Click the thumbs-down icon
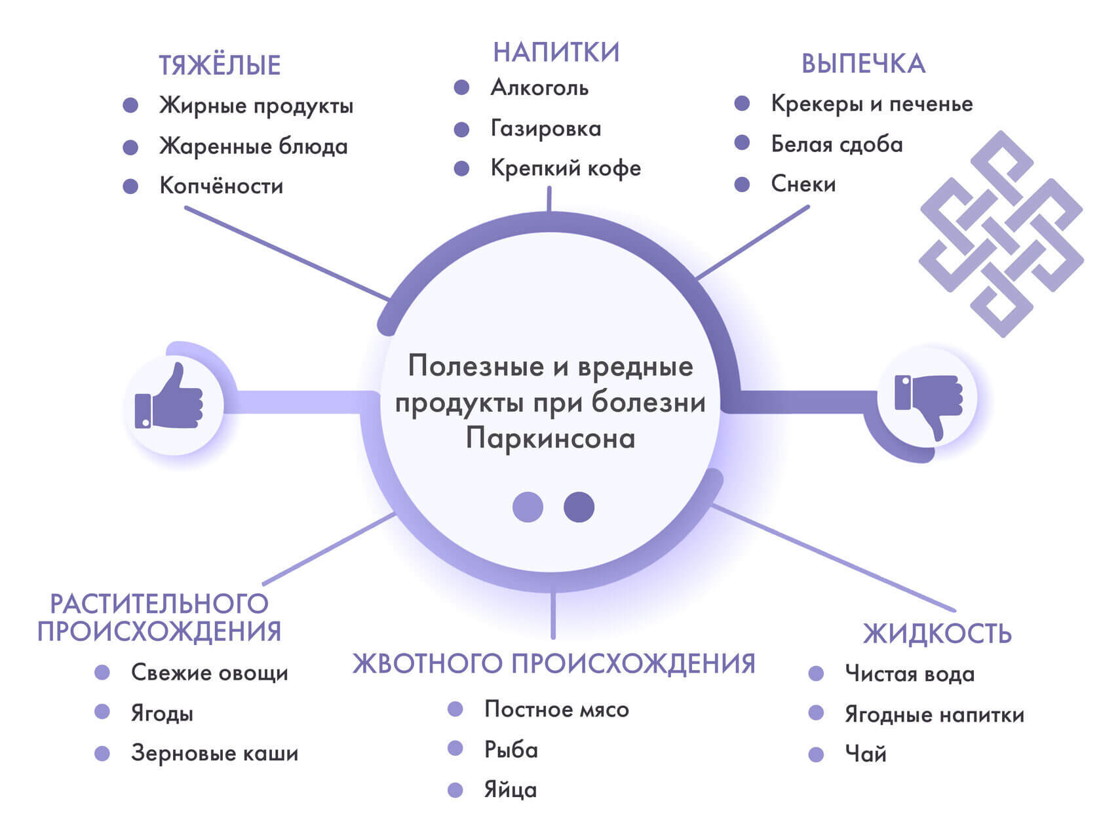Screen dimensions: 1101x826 (929, 401)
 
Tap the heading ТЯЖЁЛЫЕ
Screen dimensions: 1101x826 (220, 66)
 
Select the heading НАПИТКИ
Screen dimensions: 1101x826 (556, 52)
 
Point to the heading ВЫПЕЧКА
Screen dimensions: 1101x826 (863, 64)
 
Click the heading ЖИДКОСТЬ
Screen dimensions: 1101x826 (937, 633)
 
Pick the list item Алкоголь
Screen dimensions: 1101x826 (539, 87)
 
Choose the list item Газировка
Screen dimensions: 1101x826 (545, 128)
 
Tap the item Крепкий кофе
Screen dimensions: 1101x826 (566, 168)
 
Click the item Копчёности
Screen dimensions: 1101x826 (222, 186)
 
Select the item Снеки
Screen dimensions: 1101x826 (803, 184)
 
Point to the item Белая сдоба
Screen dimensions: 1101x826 (836, 144)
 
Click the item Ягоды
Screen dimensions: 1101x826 (162, 713)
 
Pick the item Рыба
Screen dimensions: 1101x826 (511, 749)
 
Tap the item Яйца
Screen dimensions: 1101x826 (510, 790)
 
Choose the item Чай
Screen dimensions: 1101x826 (865, 754)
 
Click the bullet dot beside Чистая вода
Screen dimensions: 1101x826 (816, 673)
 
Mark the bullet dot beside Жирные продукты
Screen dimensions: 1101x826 (130, 105)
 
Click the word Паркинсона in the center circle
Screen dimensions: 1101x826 (550, 438)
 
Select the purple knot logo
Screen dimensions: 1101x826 (1001, 234)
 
